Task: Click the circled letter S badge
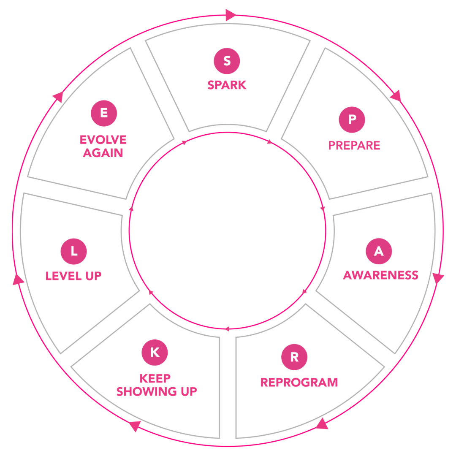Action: coord(227,61)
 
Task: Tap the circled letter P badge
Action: coord(352,119)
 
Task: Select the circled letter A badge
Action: coord(379,251)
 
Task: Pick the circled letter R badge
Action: coord(294,357)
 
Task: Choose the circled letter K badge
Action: coord(155,352)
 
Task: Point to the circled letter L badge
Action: coord(73,251)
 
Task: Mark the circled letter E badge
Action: coord(104,113)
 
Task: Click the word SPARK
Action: coord(227,85)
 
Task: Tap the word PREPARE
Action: coord(354,146)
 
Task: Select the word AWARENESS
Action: coord(380,275)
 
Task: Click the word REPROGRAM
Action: coord(299,383)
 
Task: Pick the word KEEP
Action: coord(155,378)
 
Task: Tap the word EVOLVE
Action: coord(103,140)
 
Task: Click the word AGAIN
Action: coord(103,153)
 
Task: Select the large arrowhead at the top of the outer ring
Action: coord(230,15)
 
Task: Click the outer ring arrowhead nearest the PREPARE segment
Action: coord(396,96)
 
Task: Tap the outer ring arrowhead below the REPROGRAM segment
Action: coord(322,424)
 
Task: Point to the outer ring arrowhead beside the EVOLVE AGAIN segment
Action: coord(58,97)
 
